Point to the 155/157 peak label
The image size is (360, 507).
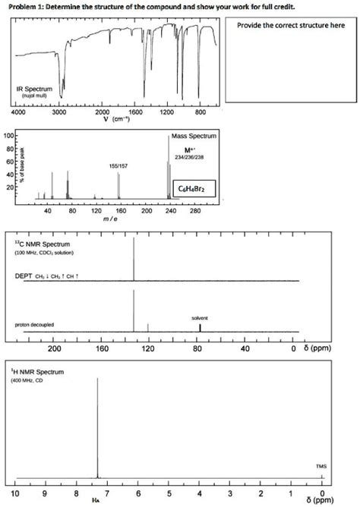tap(118, 164)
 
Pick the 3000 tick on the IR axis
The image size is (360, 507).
tap(64, 112)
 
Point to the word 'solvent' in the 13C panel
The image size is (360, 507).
tap(201, 318)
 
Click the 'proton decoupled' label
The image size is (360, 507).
tap(36, 324)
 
